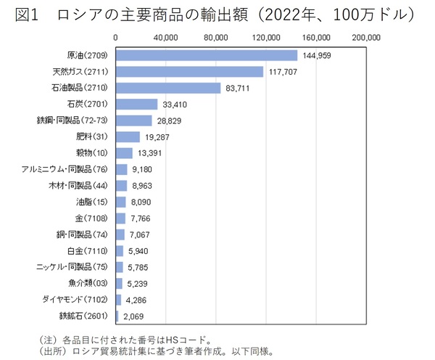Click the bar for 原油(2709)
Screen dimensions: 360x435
207,55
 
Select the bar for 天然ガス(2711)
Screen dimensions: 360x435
189,71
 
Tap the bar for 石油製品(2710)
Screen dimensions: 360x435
168,88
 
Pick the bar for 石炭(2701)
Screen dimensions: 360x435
137,104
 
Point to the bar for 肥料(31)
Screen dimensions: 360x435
128,136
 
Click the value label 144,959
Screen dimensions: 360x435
319,55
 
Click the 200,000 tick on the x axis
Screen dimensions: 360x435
365,37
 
